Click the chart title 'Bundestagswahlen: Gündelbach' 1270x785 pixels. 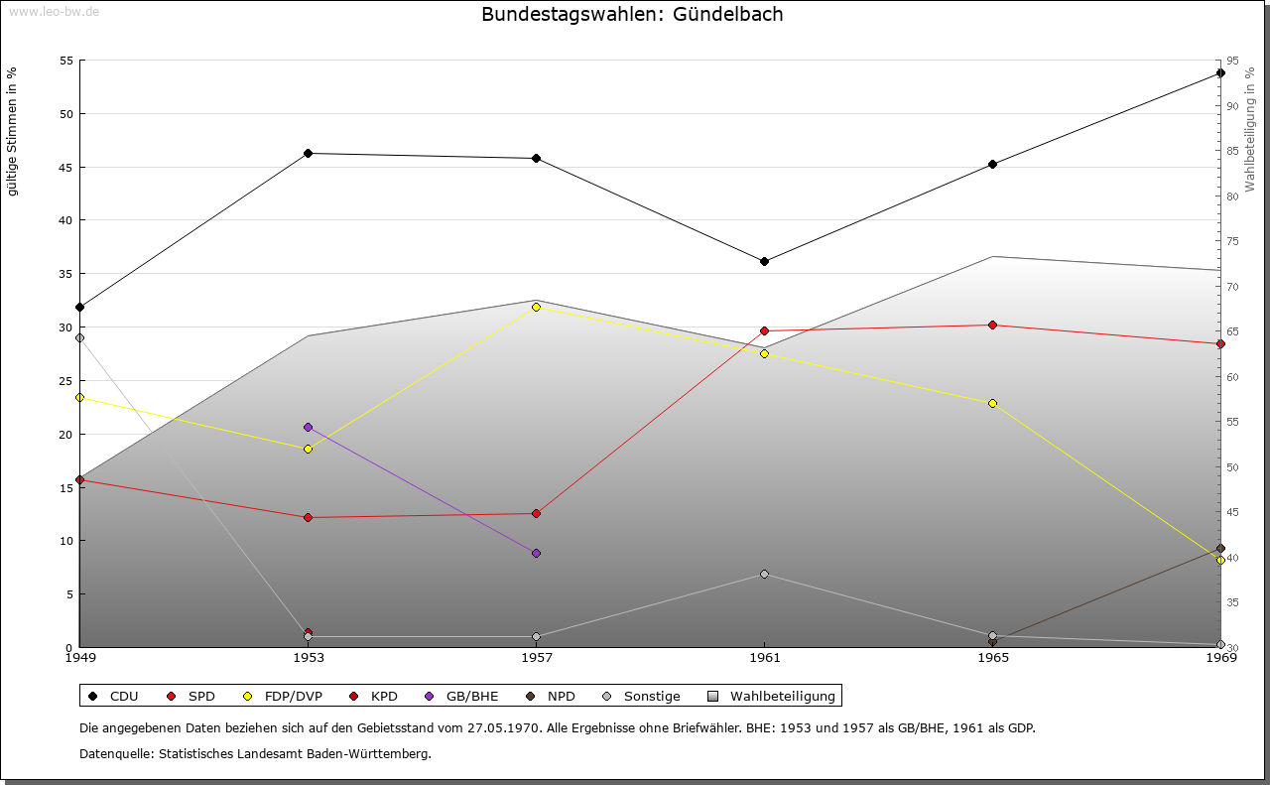pos(632,14)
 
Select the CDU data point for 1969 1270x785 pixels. pos(1220,72)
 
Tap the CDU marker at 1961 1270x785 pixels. pos(764,261)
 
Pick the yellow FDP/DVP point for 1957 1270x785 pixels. pos(536,307)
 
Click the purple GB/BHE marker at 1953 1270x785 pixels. pos(308,427)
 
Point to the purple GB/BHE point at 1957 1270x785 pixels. pos(536,553)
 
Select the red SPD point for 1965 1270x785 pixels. pos(992,325)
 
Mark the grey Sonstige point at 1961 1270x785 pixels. pos(764,574)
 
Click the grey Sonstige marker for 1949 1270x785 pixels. pos(79,337)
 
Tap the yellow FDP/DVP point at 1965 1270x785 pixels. pos(992,403)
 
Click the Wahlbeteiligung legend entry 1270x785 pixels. pos(774,696)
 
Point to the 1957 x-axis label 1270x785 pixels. pos(536,657)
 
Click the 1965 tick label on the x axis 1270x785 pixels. pos(992,657)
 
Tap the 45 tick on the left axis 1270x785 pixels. pos(65,167)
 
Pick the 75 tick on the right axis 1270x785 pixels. pos(1232,241)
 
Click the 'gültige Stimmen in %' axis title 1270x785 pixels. pos(12,131)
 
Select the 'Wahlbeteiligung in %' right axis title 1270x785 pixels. pos(1250,129)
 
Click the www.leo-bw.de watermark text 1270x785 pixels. pos(54,11)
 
